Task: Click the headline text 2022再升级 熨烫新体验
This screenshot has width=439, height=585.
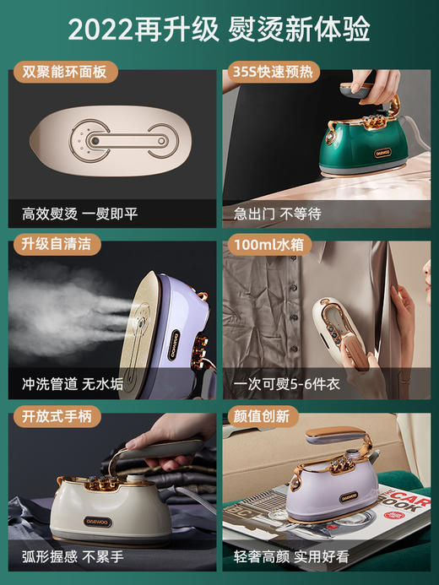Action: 219,30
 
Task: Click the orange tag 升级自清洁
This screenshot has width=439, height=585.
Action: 54,245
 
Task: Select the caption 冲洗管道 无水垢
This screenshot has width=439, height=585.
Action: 73,384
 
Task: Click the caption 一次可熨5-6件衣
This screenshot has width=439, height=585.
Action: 288,384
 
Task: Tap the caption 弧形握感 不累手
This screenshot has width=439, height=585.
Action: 73,555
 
